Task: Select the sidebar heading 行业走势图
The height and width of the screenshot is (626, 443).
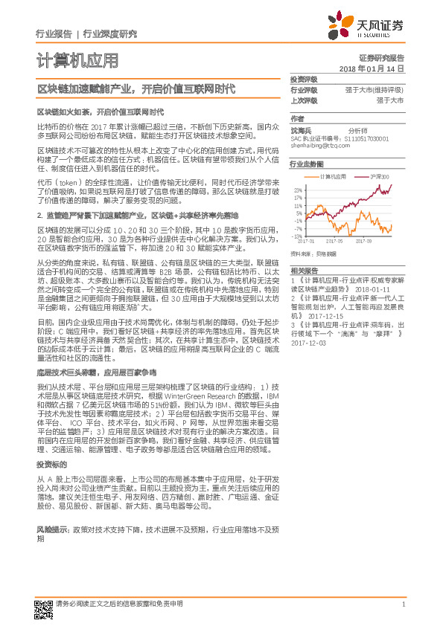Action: (x=306, y=164)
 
